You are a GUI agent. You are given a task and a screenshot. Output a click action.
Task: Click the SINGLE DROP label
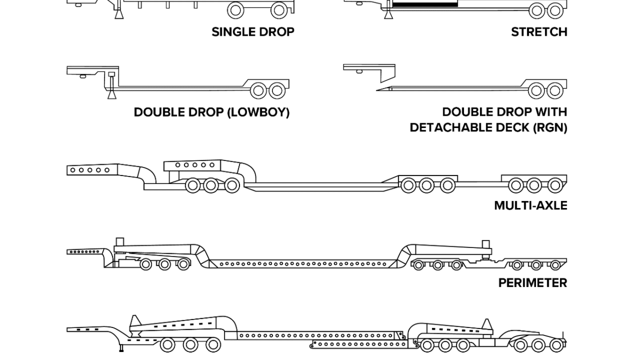[x=253, y=32]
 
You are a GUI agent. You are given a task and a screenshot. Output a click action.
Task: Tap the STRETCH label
[x=539, y=32]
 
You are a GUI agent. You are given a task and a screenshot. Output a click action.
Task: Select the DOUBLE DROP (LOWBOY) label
[x=211, y=113]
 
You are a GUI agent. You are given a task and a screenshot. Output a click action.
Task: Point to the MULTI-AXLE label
[x=530, y=206]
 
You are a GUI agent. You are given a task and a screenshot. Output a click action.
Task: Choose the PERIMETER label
[x=532, y=283]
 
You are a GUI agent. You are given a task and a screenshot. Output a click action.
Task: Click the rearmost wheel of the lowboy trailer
[x=277, y=90]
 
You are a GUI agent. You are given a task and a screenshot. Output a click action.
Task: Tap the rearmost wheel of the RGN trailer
[x=555, y=90]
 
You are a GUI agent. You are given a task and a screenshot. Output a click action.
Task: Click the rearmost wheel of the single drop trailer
[x=279, y=10]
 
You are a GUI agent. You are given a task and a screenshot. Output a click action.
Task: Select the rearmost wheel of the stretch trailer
[x=555, y=10]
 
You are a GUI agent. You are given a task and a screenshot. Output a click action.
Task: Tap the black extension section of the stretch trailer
[x=425, y=4]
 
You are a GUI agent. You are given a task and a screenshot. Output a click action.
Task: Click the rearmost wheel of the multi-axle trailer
[x=555, y=186]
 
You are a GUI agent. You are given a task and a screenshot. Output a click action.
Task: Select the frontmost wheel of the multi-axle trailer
[x=193, y=186]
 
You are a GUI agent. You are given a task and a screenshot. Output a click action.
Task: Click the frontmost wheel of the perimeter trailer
[x=146, y=264]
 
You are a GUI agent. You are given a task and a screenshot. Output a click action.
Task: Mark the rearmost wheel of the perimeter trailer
[x=555, y=265]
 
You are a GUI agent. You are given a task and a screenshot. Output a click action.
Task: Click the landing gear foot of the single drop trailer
[x=118, y=14]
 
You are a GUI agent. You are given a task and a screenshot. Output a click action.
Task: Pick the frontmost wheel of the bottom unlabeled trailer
[x=167, y=345]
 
